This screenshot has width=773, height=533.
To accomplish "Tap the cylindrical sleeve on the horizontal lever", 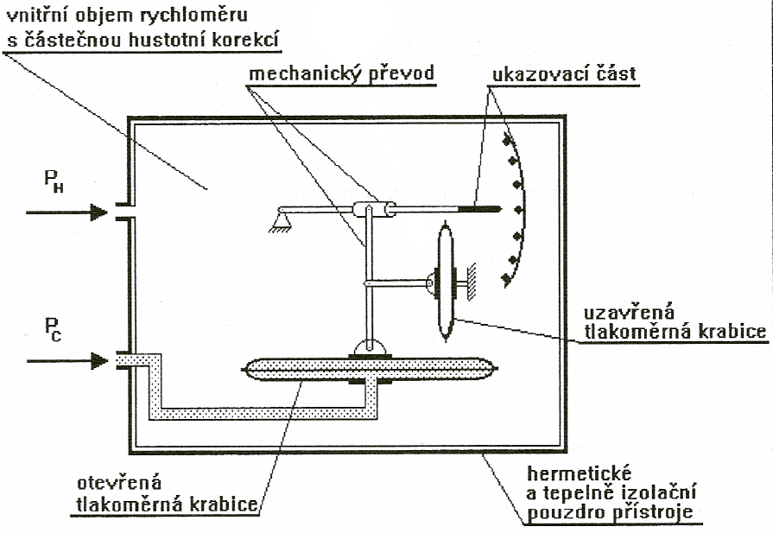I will coord(372,208).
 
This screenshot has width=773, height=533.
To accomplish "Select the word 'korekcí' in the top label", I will coord(254,39).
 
